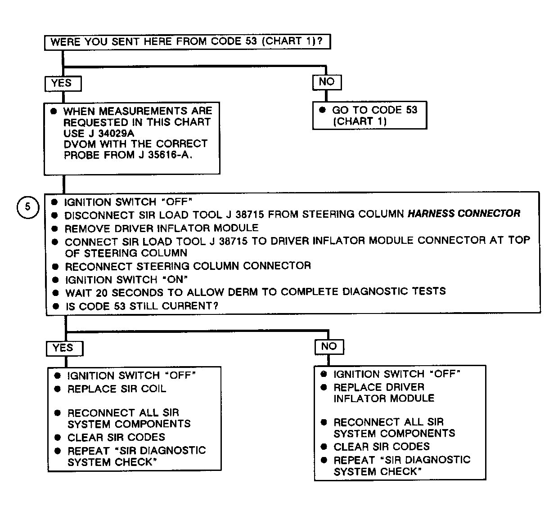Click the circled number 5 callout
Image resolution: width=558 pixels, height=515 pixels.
[x=28, y=207]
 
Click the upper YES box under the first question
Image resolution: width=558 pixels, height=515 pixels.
[x=63, y=84]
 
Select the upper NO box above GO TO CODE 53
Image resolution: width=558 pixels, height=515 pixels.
[x=327, y=82]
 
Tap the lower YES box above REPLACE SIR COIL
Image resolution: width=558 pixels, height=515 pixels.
[x=65, y=349]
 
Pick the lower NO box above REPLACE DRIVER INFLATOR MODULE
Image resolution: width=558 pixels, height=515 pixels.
[x=329, y=347]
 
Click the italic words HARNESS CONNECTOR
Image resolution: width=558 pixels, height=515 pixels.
[x=464, y=214]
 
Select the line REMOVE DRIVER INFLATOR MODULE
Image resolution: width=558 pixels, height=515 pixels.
[x=162, y=228]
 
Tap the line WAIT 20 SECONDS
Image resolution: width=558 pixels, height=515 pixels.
[x=256, y=292]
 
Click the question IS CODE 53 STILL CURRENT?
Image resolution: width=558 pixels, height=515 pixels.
[x=142, y=306]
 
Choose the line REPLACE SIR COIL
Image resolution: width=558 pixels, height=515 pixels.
[x=117, y=389]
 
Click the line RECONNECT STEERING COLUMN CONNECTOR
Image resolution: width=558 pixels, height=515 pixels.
[x=188, y=266]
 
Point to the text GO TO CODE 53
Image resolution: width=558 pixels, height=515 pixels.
[x=374, y=110]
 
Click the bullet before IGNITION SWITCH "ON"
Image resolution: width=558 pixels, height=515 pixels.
[x=56, y=280]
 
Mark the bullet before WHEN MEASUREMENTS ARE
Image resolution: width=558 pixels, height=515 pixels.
[x=54, y=111]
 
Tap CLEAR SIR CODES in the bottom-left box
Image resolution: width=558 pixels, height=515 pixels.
[x=116, y=438]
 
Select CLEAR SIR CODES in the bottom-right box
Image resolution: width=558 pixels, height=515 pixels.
[x=382, y=447]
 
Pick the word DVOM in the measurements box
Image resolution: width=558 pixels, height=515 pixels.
[x=80, y=144]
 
